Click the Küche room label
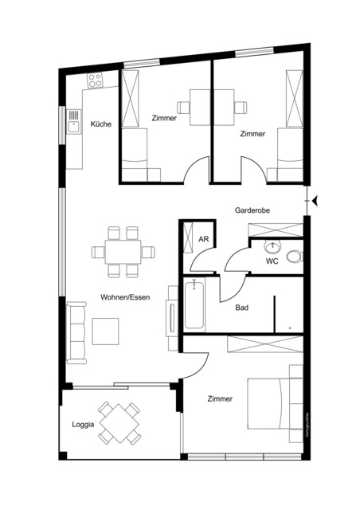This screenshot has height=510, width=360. (100, 124)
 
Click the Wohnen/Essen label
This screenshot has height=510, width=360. (122, 297)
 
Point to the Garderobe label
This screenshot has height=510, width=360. (252, 211)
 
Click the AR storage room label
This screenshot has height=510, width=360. (204, 239)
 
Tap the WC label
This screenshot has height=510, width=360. (272, 261)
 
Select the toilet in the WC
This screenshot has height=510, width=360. (295, 256)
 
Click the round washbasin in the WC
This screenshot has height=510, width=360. (273, 246)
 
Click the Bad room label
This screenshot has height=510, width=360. (241, 307)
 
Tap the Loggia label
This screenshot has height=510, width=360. (83, 424)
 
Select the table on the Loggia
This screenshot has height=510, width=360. (119, 423)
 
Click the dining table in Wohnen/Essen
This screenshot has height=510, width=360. (123, 252)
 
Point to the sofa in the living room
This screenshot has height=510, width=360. (76, 331)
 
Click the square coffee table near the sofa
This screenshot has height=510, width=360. (106, 331)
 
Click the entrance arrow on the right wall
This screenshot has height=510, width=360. (316, 201)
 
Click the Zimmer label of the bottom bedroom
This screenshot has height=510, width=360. (220, 398)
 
